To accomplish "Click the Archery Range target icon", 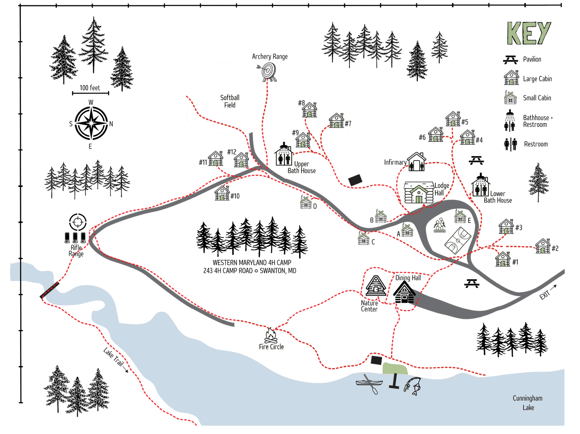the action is click(x=268, y=72).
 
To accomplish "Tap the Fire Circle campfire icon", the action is click(x=271, y=335).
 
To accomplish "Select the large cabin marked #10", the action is click(x=222, y=193).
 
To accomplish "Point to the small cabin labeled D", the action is click(x=306, y=203).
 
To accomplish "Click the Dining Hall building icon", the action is click(x=404, y=293).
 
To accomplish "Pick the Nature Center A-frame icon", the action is click(x=375, y=286).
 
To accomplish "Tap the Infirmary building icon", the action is click(x=416, y=162).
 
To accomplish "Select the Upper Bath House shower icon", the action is click(x=284, y=155).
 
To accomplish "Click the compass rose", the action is click(x=91, y=123).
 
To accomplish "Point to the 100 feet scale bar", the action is click(x=90, y=93).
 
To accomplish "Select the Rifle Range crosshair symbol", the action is click(x=78, y=222).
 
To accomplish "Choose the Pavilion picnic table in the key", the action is click(x=510, y=60).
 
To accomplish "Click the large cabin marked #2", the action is click(x=543, y=246).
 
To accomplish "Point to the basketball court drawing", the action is click(x=458, y=240).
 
